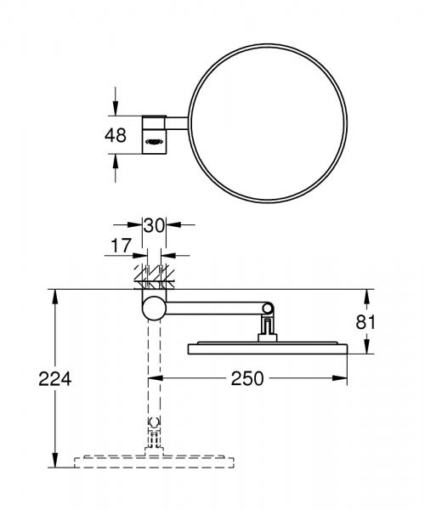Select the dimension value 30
(154, 226)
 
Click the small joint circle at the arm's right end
(268, 306)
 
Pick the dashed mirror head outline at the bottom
(154, 462)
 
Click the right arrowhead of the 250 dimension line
(344, 377)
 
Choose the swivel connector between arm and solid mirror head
(267, 328)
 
